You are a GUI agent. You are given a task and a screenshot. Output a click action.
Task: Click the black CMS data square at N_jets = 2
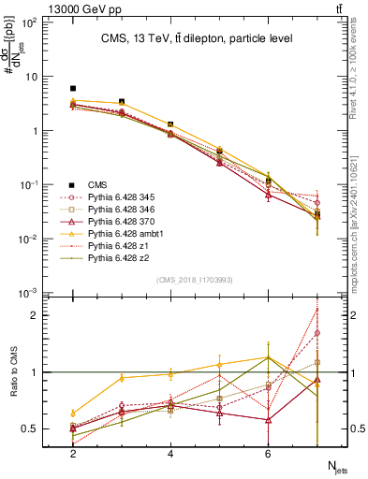(x=73, y=88)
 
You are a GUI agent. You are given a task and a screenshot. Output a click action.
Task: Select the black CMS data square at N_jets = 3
(x=122, y=102)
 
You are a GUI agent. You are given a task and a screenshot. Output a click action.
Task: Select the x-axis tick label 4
(x=170, y=453)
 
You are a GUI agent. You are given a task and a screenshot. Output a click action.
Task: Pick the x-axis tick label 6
(x=268, y=453)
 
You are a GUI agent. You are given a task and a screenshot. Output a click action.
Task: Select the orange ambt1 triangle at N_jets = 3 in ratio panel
(x=122, y=378)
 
